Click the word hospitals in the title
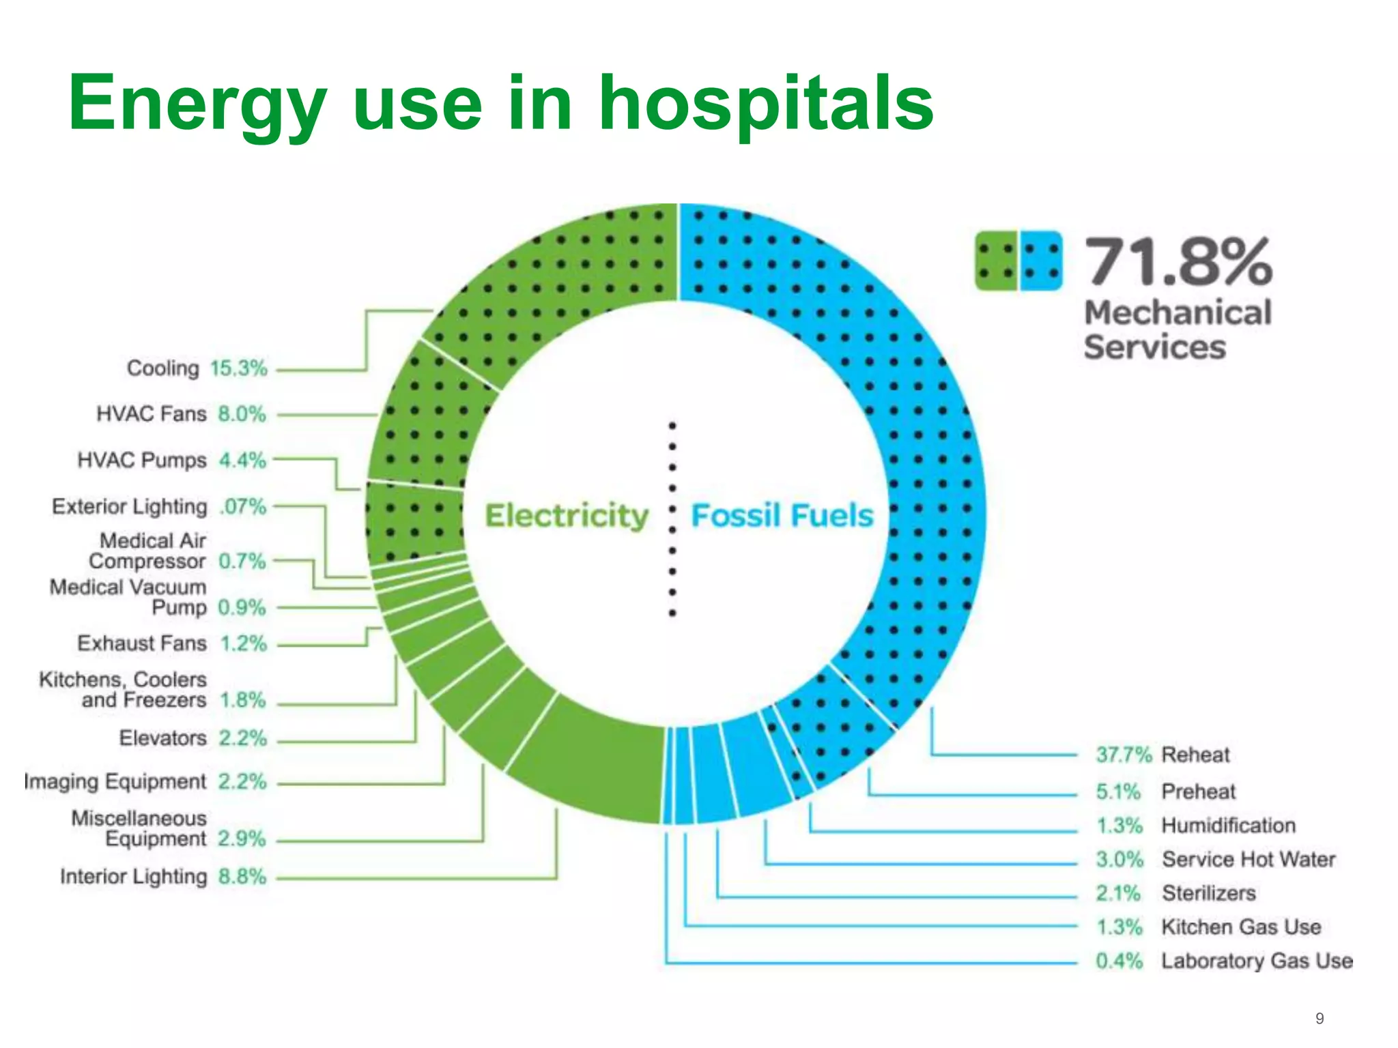coord(766,104)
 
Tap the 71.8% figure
coord(1178,261)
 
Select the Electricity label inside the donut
coord(567,516)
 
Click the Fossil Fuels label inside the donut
coord(782,516)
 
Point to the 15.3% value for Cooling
coord(238,368)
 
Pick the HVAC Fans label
coord(152,414)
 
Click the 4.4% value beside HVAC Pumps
coord(242,461)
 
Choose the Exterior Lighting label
coord(130,507)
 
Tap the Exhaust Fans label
coord(142,643)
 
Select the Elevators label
coord(162,738)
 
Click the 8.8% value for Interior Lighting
coord(242,877)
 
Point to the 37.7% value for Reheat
coord(1123,755)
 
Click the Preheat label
coord(1199,791)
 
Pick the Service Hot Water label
coord(1249,859)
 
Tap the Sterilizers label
coord(1209,893)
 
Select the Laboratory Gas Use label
coord(1257,961)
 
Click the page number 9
coord(1319,1019)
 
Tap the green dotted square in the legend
coord(996,261)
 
